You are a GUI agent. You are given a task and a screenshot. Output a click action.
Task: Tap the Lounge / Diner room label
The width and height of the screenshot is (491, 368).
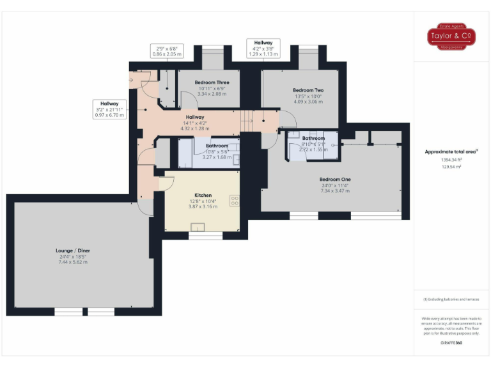72,250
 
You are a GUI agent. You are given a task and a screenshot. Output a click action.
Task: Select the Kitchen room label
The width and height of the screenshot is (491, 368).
203,195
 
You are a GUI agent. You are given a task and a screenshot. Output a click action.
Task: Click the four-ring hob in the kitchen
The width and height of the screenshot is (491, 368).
234,201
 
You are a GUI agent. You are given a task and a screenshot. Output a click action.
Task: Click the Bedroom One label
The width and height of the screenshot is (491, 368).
336,180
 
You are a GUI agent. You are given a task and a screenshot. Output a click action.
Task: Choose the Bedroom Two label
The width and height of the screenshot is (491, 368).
308,90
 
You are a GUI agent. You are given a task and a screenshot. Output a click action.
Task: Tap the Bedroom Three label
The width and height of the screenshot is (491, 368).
212,83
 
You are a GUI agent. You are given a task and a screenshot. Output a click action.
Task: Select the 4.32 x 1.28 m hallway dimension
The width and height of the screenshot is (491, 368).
195,128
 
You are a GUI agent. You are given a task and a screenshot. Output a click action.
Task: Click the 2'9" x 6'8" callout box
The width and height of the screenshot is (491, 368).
167,50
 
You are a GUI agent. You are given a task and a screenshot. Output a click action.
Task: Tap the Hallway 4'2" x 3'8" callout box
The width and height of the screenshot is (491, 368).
263,48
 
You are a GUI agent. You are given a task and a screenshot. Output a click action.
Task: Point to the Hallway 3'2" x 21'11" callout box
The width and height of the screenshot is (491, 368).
109,109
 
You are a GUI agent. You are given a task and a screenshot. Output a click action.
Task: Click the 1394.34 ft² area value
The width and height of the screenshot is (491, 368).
451,160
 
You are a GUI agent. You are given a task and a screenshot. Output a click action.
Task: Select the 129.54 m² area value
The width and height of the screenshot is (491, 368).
451,166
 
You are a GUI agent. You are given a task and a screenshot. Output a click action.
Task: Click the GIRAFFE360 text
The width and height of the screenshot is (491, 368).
451,343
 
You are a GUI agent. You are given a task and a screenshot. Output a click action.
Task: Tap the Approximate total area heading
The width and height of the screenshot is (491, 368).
451,151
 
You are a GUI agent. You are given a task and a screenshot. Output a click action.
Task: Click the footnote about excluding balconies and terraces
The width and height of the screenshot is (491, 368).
451,299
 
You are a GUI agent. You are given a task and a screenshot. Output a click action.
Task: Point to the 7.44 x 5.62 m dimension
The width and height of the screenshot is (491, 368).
72,262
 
